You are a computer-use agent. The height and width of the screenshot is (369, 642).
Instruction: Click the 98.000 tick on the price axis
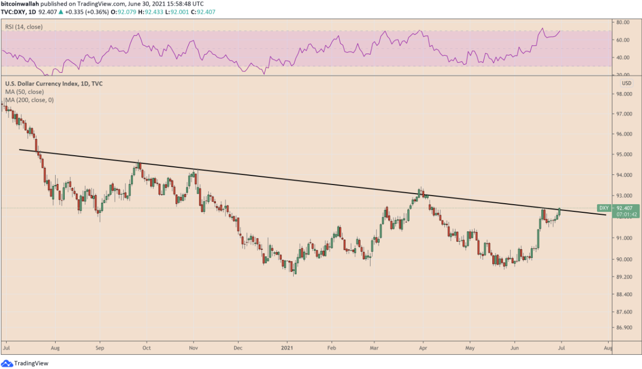click(x=625, y=94)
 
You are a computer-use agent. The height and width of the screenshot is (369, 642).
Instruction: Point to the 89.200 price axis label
click(x=625, y=277)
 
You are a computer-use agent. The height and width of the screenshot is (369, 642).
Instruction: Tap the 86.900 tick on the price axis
click(x=625, y=328)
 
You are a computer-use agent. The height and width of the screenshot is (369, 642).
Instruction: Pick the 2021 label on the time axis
click(x=288, y=348)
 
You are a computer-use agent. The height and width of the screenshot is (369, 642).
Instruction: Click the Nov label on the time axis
click(x=193, y=348)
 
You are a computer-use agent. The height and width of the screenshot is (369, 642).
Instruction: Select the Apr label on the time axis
click(x=423, y=348)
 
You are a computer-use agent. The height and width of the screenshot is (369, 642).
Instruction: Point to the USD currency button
click(x=626, y=83)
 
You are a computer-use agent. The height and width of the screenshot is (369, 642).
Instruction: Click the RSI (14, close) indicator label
click(x=24, y=27)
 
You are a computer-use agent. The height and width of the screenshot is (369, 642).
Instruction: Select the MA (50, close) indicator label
click(x=24, y=92)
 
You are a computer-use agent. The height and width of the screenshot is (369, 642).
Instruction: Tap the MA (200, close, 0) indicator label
click(x=29, y=100)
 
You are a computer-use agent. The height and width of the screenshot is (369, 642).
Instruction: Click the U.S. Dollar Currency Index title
click(x=54, y=83)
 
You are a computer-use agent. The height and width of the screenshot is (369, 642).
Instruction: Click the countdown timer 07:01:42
click(x=627, y=214)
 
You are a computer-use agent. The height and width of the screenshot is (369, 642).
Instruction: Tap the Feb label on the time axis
click(x=332, y=348)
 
